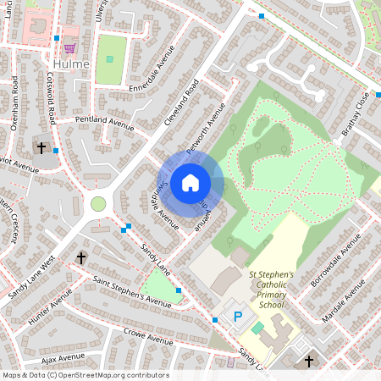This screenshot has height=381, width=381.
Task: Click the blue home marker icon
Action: (x=190, y=182)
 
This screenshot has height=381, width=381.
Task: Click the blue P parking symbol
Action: (x=238, y=317)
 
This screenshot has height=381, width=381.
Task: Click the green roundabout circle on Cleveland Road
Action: (x=98, y=204)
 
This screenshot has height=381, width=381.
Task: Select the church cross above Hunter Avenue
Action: (x=82, y=257)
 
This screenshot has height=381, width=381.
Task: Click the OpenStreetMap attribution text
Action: (x=85, y=375)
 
